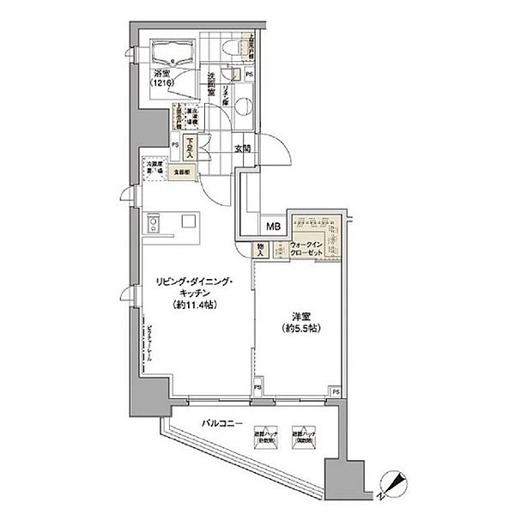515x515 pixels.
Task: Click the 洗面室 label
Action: (210, 84)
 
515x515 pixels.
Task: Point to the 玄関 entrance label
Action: (242, 148)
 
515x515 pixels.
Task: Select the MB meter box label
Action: (272, 227)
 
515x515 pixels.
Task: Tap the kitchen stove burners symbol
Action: (154, 226)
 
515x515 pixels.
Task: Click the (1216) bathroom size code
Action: (164, 85)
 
